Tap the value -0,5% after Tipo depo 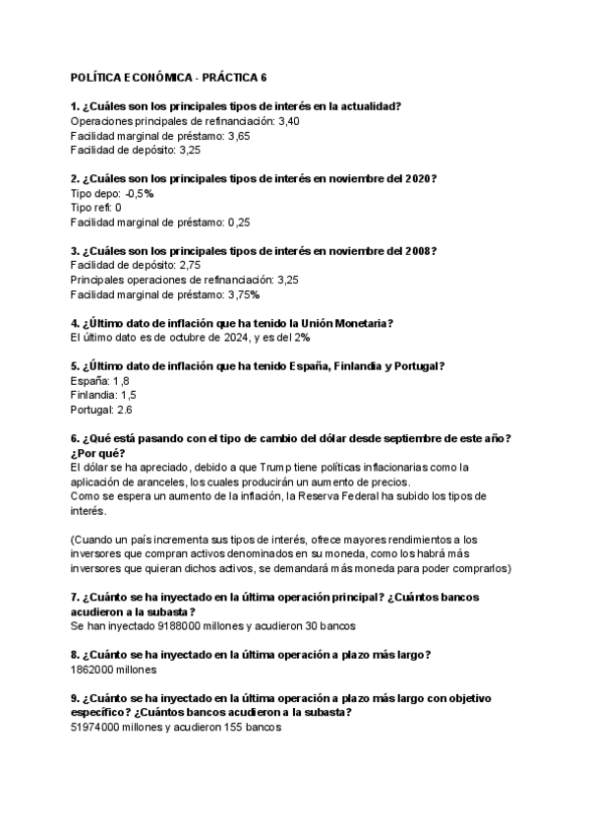[140, 194]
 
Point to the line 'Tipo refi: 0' [96, 208]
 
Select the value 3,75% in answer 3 [243, 294]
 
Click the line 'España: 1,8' [100, 381]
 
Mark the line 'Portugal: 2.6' [102, 410]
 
